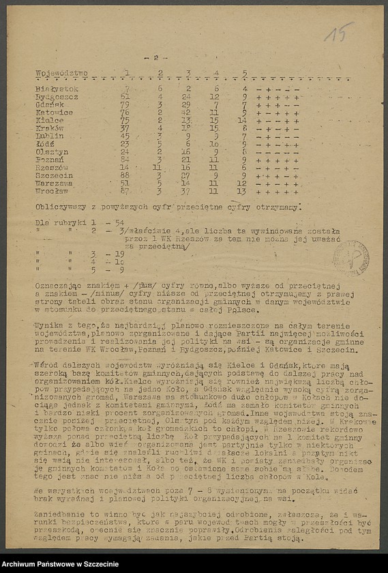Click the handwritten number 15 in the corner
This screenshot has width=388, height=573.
[338, 32]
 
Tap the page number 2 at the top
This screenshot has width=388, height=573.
[155, 58]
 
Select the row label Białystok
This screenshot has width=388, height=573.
[57, 89]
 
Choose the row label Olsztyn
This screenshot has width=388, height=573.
[53, 151]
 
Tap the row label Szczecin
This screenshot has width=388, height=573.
[55, 175]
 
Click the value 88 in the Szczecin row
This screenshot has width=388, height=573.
[123, 175]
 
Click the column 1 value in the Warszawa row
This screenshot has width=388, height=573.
[124, 183]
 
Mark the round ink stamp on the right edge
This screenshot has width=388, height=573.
[351, 258]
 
